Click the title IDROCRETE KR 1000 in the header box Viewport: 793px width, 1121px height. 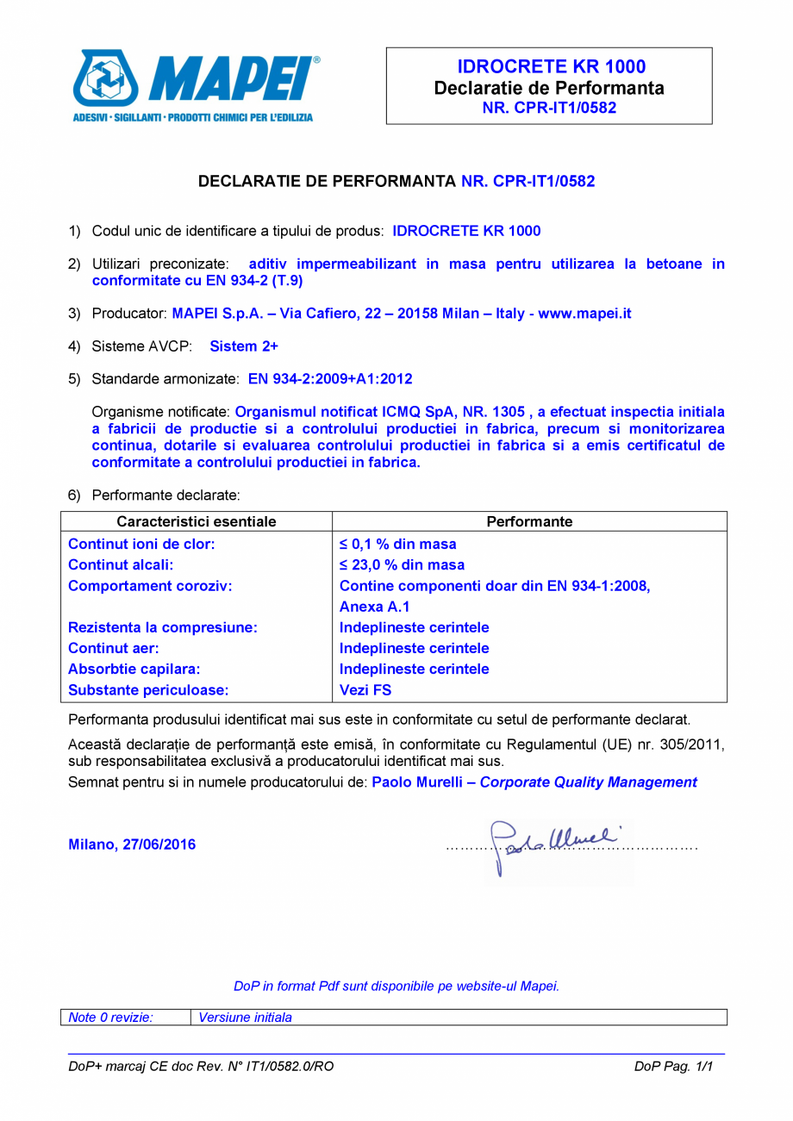click(x=551, y=67)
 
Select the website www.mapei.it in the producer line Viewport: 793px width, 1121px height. click(x=585, y=314)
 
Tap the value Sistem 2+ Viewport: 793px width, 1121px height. click(x=244, y=346)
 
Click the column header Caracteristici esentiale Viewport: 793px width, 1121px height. click(x=197, y=522)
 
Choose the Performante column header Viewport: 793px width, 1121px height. click(x=529, y=522)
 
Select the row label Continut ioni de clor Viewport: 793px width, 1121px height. click(x=141, y=545)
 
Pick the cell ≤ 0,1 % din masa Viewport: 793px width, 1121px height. click(x=398, y=545)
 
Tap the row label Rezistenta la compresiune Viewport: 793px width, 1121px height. click(x=163, y=628)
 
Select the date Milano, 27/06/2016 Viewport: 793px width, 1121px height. click(x=132, y=844)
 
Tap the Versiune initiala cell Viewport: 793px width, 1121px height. click(x=246, y=1018)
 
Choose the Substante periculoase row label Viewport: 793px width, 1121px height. click(x=147, y=690)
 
